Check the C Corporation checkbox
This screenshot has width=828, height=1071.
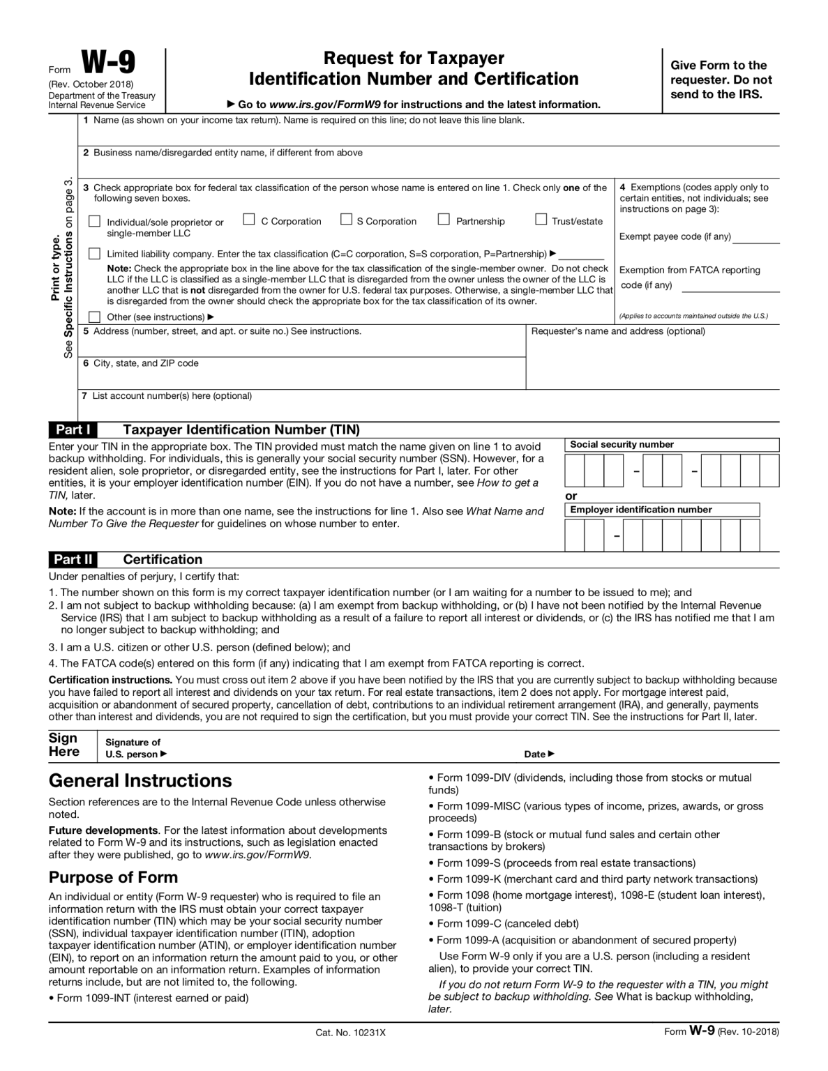pyautogui.click(x=249, y=220)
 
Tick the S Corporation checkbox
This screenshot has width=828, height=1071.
pyautogui.click(x=346, y=220)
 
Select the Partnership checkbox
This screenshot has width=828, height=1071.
pyautogui.click(x=444, y=220)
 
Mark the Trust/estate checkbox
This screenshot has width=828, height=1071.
pyautogui.click(x=541, y=220)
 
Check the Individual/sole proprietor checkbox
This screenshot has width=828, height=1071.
pyautogui.click(x=95, y=221)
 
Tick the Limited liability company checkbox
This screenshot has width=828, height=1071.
pyautogui.click(x=95, y=254)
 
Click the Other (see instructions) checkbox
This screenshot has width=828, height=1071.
pyautogui.click(x=95, y=317)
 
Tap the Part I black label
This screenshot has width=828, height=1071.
pyautogui.click(x=73, y=430)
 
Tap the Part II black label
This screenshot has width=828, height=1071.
pyautogui.click(x=73, y=559)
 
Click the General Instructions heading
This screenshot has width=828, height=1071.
pyautogui.click(x=140, y=780)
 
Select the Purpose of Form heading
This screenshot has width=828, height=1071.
pyautogui.click(x=113, y=877)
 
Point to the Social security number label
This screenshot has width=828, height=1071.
pyautogui.click(x=622, y=445)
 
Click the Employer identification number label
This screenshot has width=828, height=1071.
pyautogui.click(x=640, y=510)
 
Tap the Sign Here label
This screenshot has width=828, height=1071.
pyautogui.click(x=63, y=745)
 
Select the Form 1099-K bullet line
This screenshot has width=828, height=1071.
pyautogui.click(x=596, y=879)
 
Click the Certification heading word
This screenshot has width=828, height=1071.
pyautogui.click(x=163, y=559)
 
